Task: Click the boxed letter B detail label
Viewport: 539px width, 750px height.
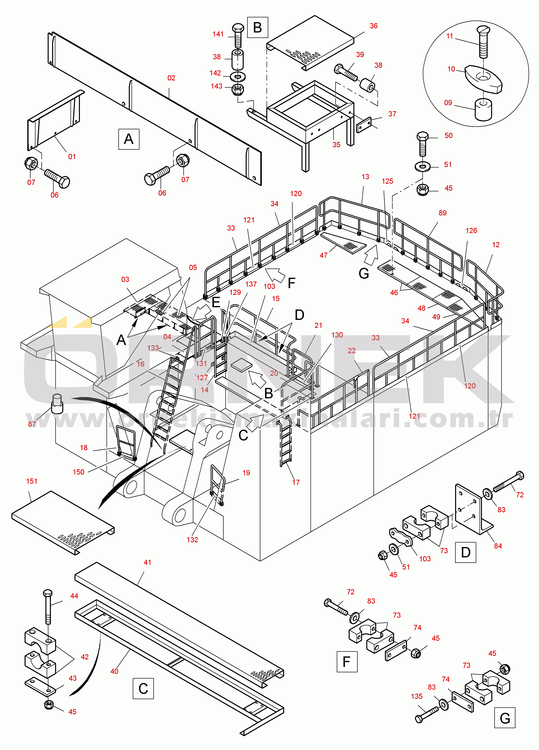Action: (x=257, y=28)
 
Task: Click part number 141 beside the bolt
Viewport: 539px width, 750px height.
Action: (x=218, y=34)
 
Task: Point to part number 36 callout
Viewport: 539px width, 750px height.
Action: (x=373, y=26)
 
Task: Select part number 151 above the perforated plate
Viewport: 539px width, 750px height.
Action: (x=32, y=481)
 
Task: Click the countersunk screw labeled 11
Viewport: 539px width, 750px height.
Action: (x=483, y=41)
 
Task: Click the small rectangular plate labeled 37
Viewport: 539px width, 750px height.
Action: (x=364, y=125)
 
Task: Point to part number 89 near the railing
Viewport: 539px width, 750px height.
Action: (x=442, y=213)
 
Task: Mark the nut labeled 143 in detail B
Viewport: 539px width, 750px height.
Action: (x=238, y=89)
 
